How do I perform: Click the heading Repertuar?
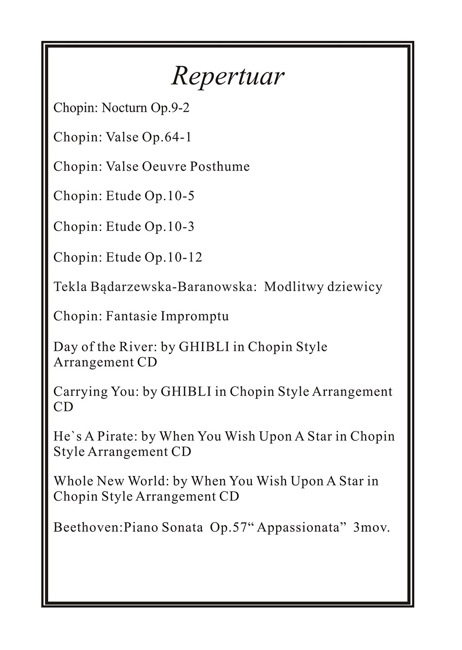(228, 76)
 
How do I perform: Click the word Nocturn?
(124, 107)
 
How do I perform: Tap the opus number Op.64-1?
(166, 137)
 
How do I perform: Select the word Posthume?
(220, 167)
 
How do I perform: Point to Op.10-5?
(169, 196)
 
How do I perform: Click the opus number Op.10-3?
(169, 227)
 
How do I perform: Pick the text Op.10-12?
(173, 257)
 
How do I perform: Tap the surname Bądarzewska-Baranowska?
(173, 287)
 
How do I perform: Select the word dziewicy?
(355, 287)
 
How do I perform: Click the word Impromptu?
(195, 316)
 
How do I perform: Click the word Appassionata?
(297, 527)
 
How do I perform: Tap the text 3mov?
(372, 527)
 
